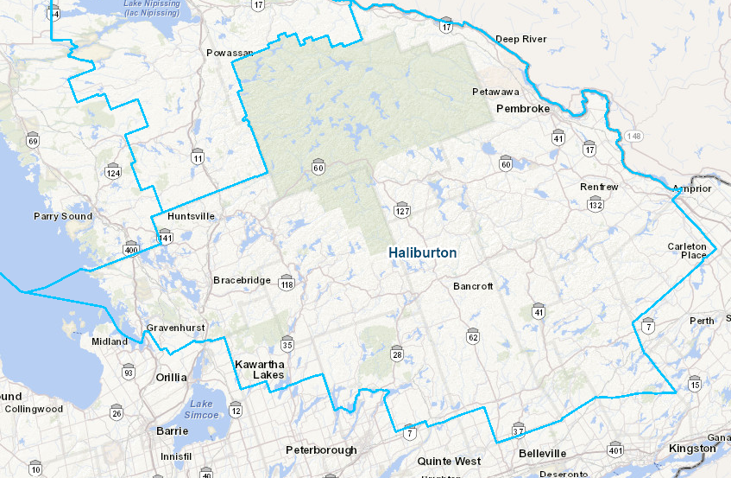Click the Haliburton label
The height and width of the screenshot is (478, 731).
click(x=422, y=252)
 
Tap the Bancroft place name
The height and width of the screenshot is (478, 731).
click(x=473, y=286)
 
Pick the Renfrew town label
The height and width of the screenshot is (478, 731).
click(x=599, y=187)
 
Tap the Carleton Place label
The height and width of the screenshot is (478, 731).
click(x=687, y=251)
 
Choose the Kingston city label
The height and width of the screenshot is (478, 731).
click(x=691, y=449)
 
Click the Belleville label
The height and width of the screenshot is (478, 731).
click(x=543, y=453)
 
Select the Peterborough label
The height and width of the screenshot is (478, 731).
click(x=321, y=450)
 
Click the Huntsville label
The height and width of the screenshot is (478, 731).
click(x=192, y=216)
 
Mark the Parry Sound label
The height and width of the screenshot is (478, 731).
click(x=63, y=216)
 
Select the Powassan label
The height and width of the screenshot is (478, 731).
click(x=230, y=53)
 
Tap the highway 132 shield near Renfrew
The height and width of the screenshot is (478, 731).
click(x=595, y=205)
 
